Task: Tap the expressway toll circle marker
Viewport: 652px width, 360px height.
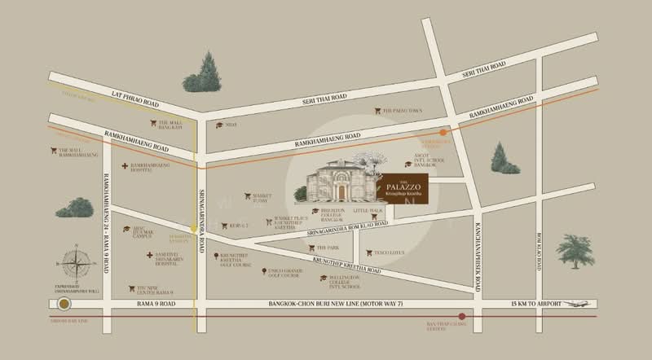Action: pyautogui.click(x=64, y=304)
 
